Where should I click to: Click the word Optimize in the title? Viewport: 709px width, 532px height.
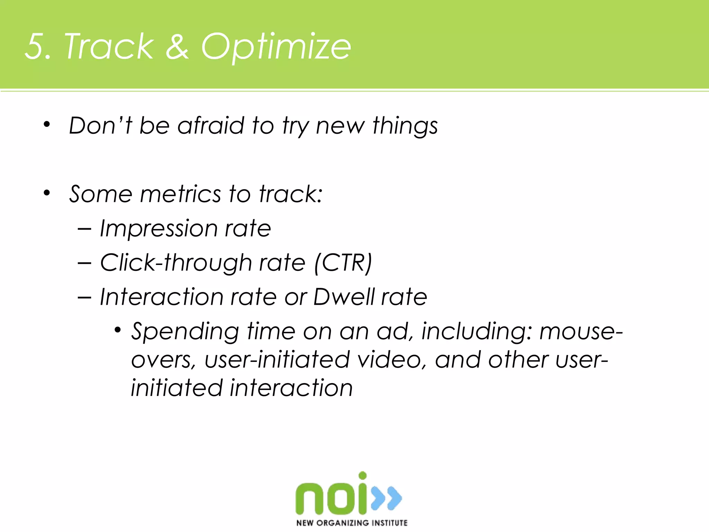tap(276, 47)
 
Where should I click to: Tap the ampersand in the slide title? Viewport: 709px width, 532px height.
tap(177, 47)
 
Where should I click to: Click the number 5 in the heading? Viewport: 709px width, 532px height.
tap(35, 47)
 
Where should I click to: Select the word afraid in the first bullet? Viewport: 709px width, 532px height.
tap(211, 125)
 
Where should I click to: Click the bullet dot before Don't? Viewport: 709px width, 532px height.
tap(47, 124)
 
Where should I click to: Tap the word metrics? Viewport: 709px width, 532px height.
tap(180, 194)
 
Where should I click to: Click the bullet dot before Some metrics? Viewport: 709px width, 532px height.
tap(47, 193)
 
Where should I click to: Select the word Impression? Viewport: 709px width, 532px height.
tap(159, 229)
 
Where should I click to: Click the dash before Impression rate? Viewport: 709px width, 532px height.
tap(84, 229)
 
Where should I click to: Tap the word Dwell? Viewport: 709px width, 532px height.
tap(343, 297)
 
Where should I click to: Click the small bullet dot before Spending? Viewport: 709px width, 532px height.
tap(118, 330)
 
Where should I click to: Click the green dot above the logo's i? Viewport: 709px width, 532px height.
tap(362, 476)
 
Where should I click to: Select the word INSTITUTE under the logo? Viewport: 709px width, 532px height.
tap(389, 523)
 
